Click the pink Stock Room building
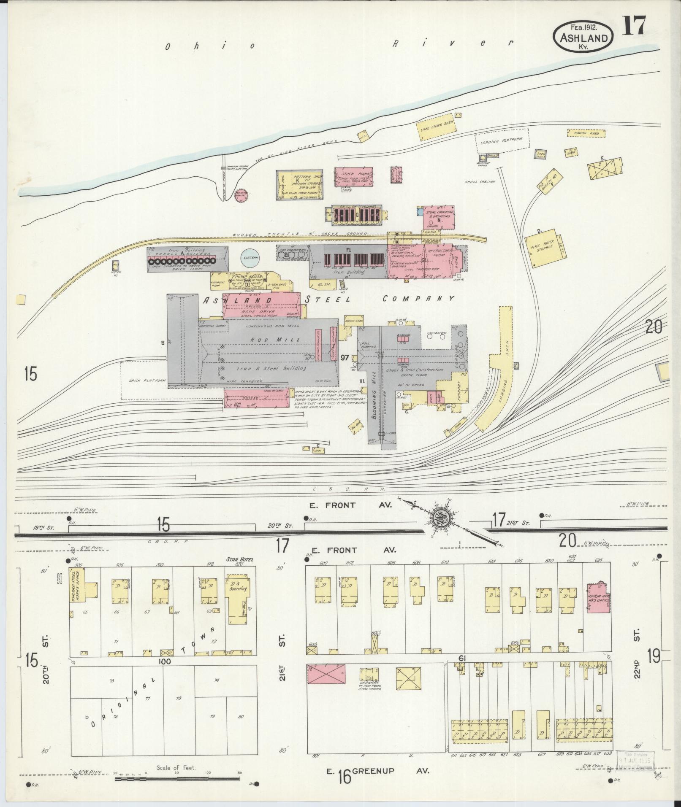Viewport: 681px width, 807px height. click(x=354, y=177)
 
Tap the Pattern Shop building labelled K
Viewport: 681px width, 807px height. click(x=301, y=185)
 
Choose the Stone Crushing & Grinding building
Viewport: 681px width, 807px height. click(x=440, y=217)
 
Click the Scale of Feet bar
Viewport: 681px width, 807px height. click(x=177, y=777)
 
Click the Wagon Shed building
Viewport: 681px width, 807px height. click(x=586, y=133)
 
